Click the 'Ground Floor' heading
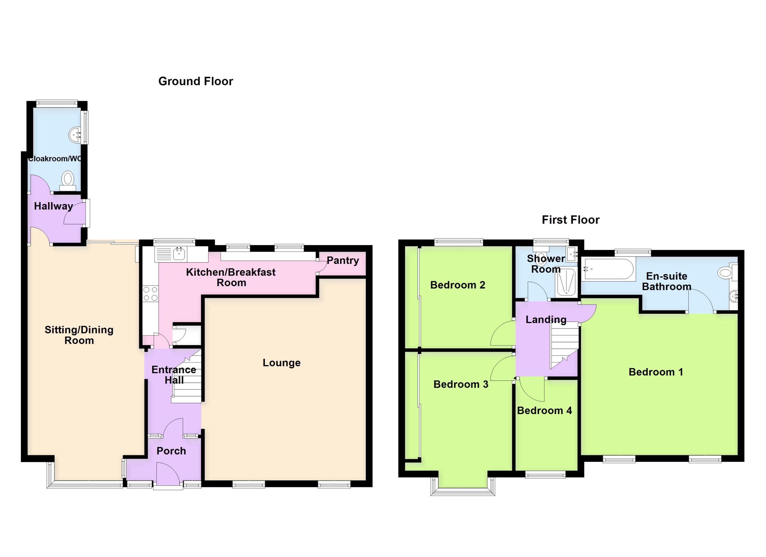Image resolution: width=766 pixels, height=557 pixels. [196, 81]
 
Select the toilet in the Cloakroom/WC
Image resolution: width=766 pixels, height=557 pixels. [68, 181]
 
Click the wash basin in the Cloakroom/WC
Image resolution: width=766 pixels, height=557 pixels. [75, 135]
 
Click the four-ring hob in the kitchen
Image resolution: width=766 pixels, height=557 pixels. [150, 293]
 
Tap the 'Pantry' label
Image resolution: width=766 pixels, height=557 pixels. [343, 260]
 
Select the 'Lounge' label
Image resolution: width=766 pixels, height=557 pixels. [281, 363]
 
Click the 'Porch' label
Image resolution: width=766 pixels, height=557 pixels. [171, 451]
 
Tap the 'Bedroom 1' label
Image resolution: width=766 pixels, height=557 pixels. [656, 372]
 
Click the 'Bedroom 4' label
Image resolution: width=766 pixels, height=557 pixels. [545, 410]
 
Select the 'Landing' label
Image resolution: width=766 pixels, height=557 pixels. [546, 320]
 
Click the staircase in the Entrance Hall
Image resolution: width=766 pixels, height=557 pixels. [187, 376]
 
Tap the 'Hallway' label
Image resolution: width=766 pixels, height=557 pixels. [53, 206]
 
